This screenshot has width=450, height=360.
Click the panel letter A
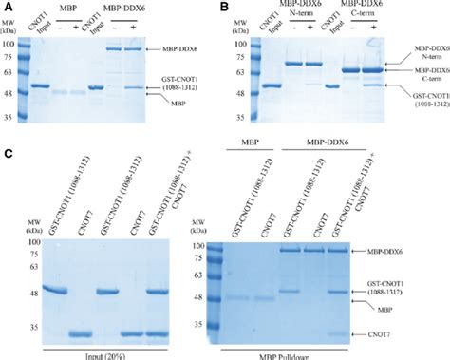point(9,8)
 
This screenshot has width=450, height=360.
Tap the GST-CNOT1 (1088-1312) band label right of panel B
point(422,98)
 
